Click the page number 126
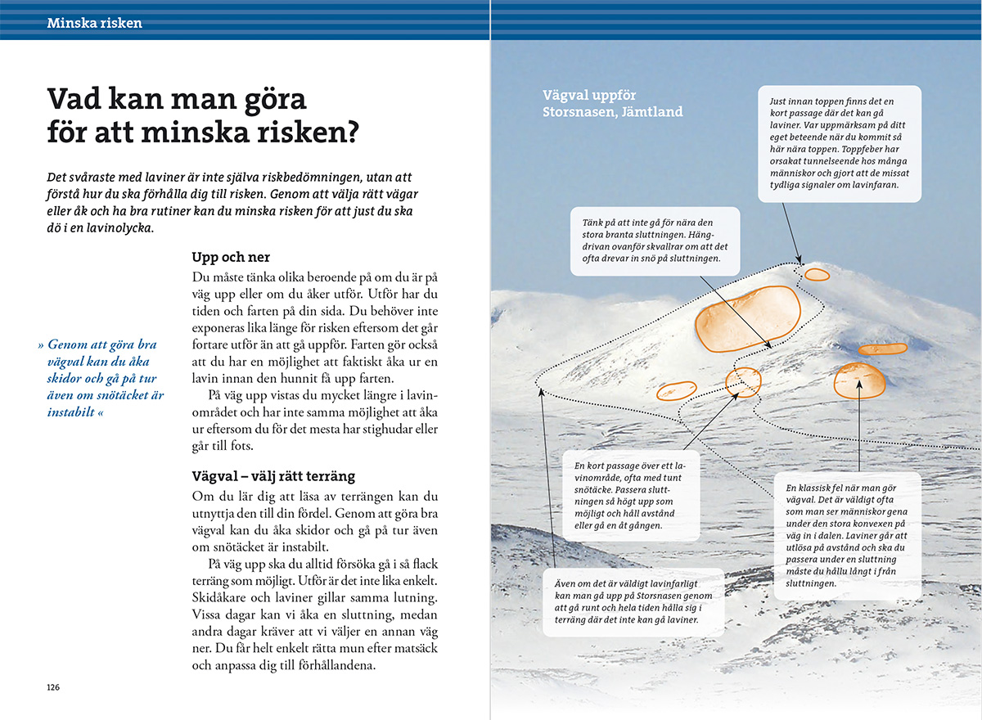[x=53, y=686]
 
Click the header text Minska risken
[x=94, y=23]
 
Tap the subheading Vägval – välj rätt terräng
[x=273, y=476]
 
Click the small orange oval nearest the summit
[x=816, y=274]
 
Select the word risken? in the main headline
[x=320, y=131]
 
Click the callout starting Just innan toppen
[x=839, y=143]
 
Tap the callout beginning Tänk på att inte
[x=655, y=241]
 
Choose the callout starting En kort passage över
[x=631, y=495]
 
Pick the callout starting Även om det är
[x=633, y=602]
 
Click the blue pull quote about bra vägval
[x=102, y=379]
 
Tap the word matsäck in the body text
[x=416, y=648]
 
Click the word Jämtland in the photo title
[x=651, y=111]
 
